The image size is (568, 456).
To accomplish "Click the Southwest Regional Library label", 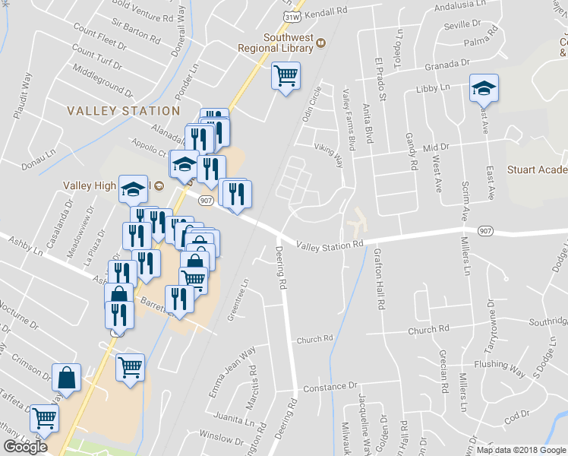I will point(289,43).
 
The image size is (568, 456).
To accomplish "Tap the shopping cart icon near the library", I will point(286,76).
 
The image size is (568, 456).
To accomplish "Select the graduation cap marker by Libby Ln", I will point(483,88).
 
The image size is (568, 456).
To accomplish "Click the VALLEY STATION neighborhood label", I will point(113,111).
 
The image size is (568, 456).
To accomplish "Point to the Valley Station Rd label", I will point(330,245).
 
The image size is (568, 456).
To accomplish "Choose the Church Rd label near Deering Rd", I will point(315,339).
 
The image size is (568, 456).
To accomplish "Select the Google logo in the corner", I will point(25,447).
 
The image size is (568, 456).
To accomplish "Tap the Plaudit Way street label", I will point(21,95).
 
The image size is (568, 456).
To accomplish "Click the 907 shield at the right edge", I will point(485,230).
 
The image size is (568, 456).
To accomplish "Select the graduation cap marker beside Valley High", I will point(134,188).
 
